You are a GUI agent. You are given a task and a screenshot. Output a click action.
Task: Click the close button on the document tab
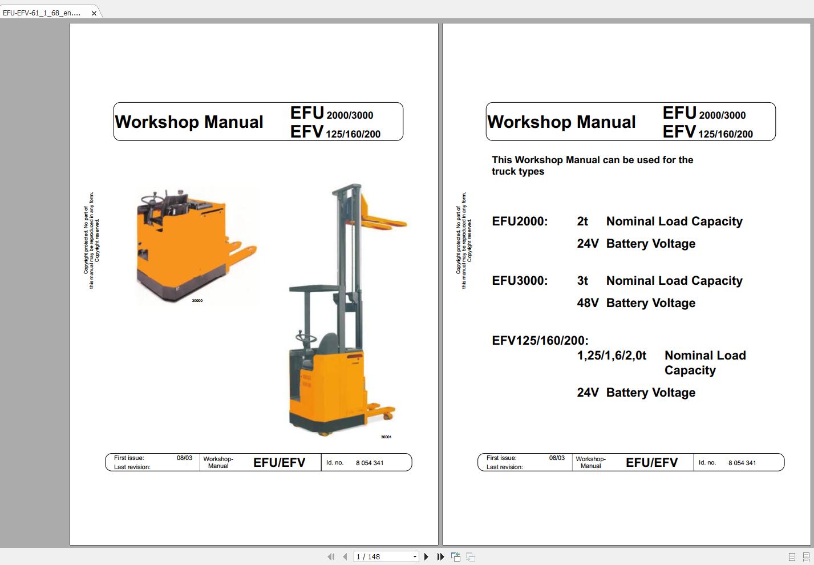click(94, 13)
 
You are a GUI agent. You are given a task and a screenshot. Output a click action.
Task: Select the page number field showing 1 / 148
click(382, 556)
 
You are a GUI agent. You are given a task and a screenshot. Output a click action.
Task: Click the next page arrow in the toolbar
click(426, 556)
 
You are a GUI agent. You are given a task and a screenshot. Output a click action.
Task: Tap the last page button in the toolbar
click(440, 556)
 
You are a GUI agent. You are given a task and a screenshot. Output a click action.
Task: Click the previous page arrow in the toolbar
click(345, 556)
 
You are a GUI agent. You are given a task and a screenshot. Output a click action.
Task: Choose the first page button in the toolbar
click(331, 556)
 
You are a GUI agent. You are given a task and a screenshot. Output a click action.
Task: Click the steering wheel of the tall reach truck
click(306, 338)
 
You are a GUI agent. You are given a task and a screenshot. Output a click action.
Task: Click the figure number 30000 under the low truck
click(197, 300)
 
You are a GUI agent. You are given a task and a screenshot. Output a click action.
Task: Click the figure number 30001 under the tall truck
click(386, 437)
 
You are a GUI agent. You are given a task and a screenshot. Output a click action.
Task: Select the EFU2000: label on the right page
click(520, 221)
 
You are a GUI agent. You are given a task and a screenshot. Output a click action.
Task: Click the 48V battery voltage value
click(588, 303)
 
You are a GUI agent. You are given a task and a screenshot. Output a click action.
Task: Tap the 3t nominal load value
click(582, 281)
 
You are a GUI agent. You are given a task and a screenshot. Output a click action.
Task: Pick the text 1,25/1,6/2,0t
click(611, 356)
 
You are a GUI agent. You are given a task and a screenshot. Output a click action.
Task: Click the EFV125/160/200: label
click(540, 341)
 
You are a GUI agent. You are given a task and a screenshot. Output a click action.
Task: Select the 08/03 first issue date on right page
click(557, 458)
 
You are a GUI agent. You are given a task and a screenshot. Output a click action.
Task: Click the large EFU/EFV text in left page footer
click(279, 462)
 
